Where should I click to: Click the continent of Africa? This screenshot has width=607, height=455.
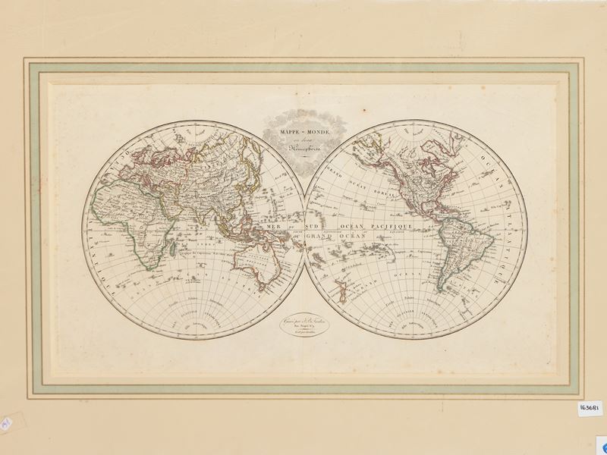[133, 220]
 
